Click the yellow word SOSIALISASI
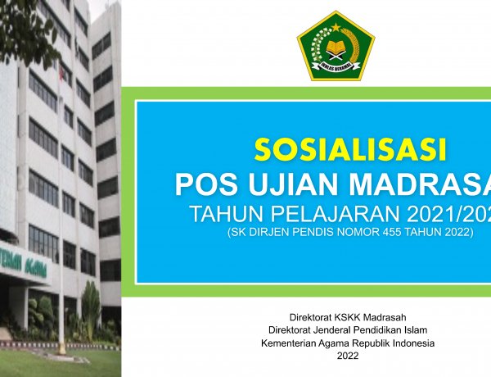[349, 152]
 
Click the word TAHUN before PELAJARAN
[223, 216]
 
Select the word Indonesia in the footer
[412, 343]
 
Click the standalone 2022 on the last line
[347, 356]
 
